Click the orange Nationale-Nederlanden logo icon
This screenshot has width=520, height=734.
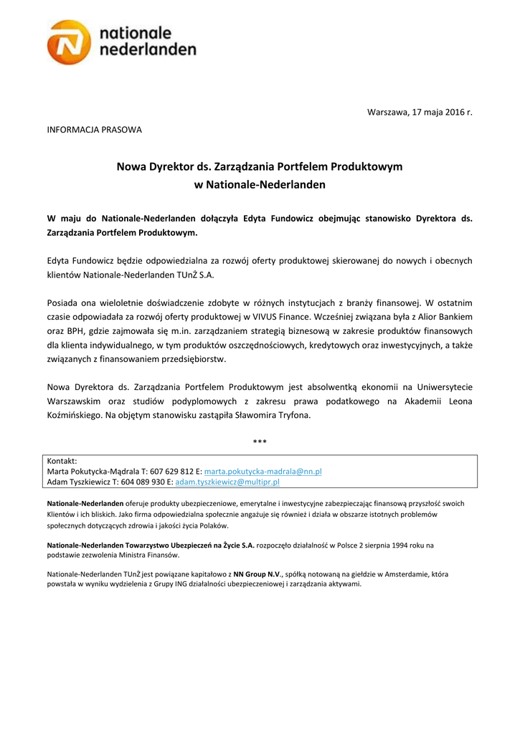point(70,42)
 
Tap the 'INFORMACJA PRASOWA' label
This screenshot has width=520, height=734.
point(94,130)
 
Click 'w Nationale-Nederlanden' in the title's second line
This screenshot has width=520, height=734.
point(260,184)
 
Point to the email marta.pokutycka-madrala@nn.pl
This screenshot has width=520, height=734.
point(263,472)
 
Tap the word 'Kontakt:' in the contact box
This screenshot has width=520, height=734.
point(62,461)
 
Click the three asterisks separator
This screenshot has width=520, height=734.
point(260,442)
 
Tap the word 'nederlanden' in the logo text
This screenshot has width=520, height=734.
point(147,49)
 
